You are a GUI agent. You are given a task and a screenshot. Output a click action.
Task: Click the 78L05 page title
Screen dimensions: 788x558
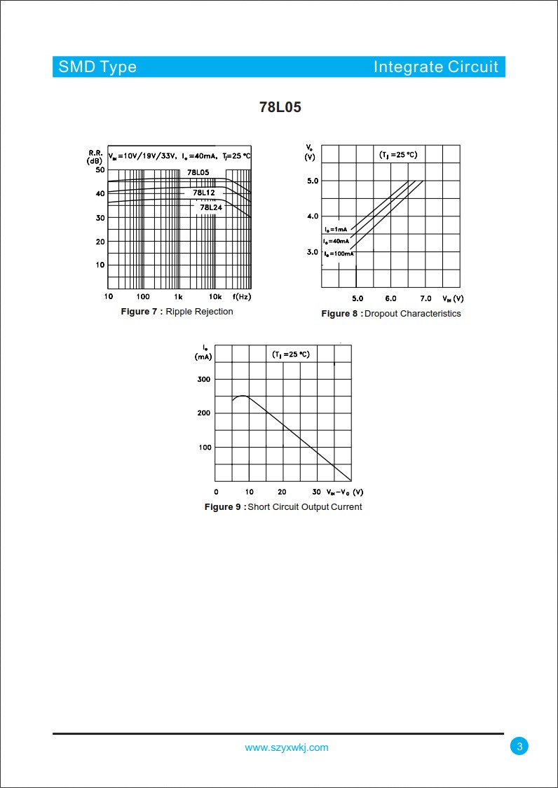(x=280, y=108)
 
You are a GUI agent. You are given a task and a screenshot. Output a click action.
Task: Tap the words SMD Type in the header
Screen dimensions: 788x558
(x=97, y=67)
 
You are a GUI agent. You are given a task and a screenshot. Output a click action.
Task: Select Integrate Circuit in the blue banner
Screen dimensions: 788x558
(x=435, y=67)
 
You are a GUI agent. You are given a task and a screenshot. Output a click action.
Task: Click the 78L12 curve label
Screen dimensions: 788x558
(x=203, y=193)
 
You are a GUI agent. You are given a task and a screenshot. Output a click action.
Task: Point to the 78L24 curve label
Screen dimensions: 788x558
(x=210, y=207)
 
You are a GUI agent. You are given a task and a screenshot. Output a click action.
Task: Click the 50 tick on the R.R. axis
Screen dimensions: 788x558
(x=100, y=170)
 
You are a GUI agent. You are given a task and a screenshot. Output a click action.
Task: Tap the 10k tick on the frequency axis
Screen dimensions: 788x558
(x=215, y=297)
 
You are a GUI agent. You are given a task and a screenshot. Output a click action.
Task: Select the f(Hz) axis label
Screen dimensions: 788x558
(x=242, y=297)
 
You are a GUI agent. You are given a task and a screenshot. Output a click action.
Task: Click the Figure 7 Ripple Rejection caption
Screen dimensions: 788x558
(x=177, y=312)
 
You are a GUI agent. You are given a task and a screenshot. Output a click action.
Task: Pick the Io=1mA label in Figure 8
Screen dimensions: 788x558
(x=335, y=230)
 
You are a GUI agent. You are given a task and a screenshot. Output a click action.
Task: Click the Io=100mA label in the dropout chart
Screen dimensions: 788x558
(x=338, y=254)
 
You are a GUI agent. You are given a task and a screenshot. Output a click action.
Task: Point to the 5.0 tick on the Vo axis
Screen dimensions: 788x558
(x=312, y=181)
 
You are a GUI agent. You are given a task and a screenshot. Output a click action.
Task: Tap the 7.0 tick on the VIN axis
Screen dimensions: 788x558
(x=426, y=298)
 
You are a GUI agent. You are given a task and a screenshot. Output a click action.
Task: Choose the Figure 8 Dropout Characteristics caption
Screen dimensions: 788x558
(x=391, y=314)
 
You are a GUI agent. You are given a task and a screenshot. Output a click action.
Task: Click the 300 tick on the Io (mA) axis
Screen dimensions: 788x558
(x=203, y=379)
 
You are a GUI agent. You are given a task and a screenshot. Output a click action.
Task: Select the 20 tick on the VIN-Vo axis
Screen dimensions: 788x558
(x=283, y=492)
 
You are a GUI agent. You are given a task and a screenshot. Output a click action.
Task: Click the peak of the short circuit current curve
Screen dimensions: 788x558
(x=243, y=396)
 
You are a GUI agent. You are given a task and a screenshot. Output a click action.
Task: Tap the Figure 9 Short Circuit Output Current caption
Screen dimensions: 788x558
(x=283, y=507)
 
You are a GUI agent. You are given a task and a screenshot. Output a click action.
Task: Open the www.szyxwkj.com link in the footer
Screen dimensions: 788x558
(x=286, y=747)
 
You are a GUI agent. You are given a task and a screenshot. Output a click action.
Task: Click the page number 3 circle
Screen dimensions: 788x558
(x=519, y=747)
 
